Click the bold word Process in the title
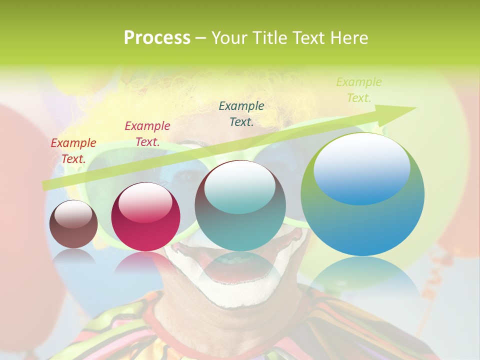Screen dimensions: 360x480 (157, 38)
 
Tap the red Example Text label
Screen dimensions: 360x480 (73, 151)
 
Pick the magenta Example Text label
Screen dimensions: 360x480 (147, 134)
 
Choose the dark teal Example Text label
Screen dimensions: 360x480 (241, 113)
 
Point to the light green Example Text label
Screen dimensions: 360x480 (358, 90)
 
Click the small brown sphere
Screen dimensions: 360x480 (73, 224)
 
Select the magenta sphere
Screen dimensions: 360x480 (145, 217)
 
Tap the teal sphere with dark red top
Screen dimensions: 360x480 (240, 205)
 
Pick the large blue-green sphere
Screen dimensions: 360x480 (362, 195)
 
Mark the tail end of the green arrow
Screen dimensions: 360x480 (45, 185)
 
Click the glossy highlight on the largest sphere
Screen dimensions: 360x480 (362, 167)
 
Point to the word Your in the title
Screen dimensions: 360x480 (230, 38)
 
